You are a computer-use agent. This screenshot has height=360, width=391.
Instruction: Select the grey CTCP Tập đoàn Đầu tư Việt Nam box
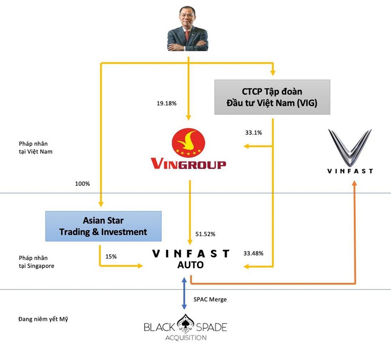[x=272, y=97]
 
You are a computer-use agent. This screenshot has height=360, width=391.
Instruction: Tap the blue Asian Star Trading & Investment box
[x=103, y=226]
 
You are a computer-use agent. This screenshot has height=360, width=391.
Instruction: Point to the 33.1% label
[x=254, y=132]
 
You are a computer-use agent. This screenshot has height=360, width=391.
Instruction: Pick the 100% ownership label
[x=83, y=184]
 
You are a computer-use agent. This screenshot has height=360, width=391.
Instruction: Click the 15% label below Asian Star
[x=111, y=256]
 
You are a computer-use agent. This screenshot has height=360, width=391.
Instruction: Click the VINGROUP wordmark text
[x=189, y=165]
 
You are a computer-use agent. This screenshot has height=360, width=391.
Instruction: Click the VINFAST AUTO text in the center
[x=191, y=259]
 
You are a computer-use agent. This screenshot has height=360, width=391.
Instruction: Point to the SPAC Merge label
[x=210, y=299]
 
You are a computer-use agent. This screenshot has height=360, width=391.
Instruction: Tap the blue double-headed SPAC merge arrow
[x=184, y=293]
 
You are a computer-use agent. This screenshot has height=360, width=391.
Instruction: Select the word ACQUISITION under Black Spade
[x=185, y=338]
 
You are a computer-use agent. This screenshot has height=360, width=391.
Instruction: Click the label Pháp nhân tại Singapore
[x=34, y=262]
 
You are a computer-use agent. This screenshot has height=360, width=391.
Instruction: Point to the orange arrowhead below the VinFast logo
[x=354, y=183]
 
